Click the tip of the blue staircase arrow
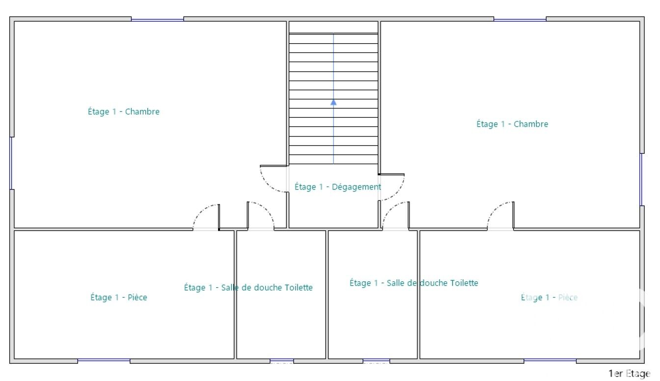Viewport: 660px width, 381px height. tap(333, 100)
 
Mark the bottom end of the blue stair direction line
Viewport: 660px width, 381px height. tap(333, 163)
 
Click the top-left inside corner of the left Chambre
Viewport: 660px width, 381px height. tap(14, 22)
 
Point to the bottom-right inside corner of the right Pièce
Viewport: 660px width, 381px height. tap(639, 358)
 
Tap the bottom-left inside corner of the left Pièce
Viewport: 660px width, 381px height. tap(14, 358)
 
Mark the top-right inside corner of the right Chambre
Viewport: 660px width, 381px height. tap(639, 22)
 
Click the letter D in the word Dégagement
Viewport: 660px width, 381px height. tap(335, 187)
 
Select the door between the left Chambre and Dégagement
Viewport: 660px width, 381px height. tap(274, 179)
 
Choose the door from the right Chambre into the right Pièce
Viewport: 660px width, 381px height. tap(500, 216)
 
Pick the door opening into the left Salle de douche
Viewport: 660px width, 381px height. tap(261, 216)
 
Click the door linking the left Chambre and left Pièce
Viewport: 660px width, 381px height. tap(206, 217)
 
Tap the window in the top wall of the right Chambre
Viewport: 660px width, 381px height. tap(520, 20)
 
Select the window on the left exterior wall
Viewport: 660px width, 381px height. tap(11, 163)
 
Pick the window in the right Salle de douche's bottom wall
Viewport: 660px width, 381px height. tap(376, 361)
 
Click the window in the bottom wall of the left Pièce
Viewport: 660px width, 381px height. tap(104, 361)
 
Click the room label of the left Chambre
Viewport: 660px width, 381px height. tap(124, 111)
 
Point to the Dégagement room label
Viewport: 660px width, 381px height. tap(338, 187)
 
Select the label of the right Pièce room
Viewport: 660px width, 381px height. tap(549, 298)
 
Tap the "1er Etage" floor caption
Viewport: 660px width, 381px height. tap(630, 374)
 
